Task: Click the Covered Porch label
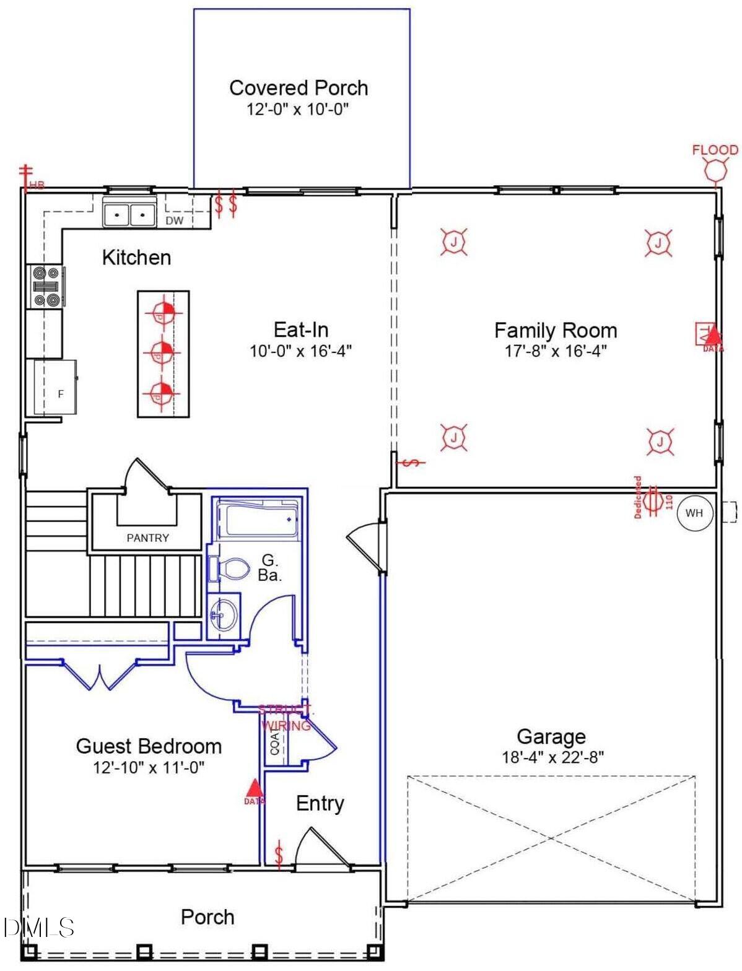[x=299, y=88]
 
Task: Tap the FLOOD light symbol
[x=715, y=168]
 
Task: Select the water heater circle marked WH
[x=694, y=513]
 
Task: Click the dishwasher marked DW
[x=175, y=220]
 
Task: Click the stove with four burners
[x=46, y=286]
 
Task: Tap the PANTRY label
[x=147, y=538]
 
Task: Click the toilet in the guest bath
[x=230, y=568]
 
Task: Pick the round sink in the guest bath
[x=223, y=614]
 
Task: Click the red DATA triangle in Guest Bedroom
[x=253, y=788]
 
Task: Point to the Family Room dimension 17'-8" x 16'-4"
[x=555, y=351]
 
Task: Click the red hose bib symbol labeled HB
[x=26, y=175]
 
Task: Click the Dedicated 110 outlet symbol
[x=652, y=500]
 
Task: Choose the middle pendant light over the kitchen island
[x=162, y=352]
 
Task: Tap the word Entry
[x=320, y=803]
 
